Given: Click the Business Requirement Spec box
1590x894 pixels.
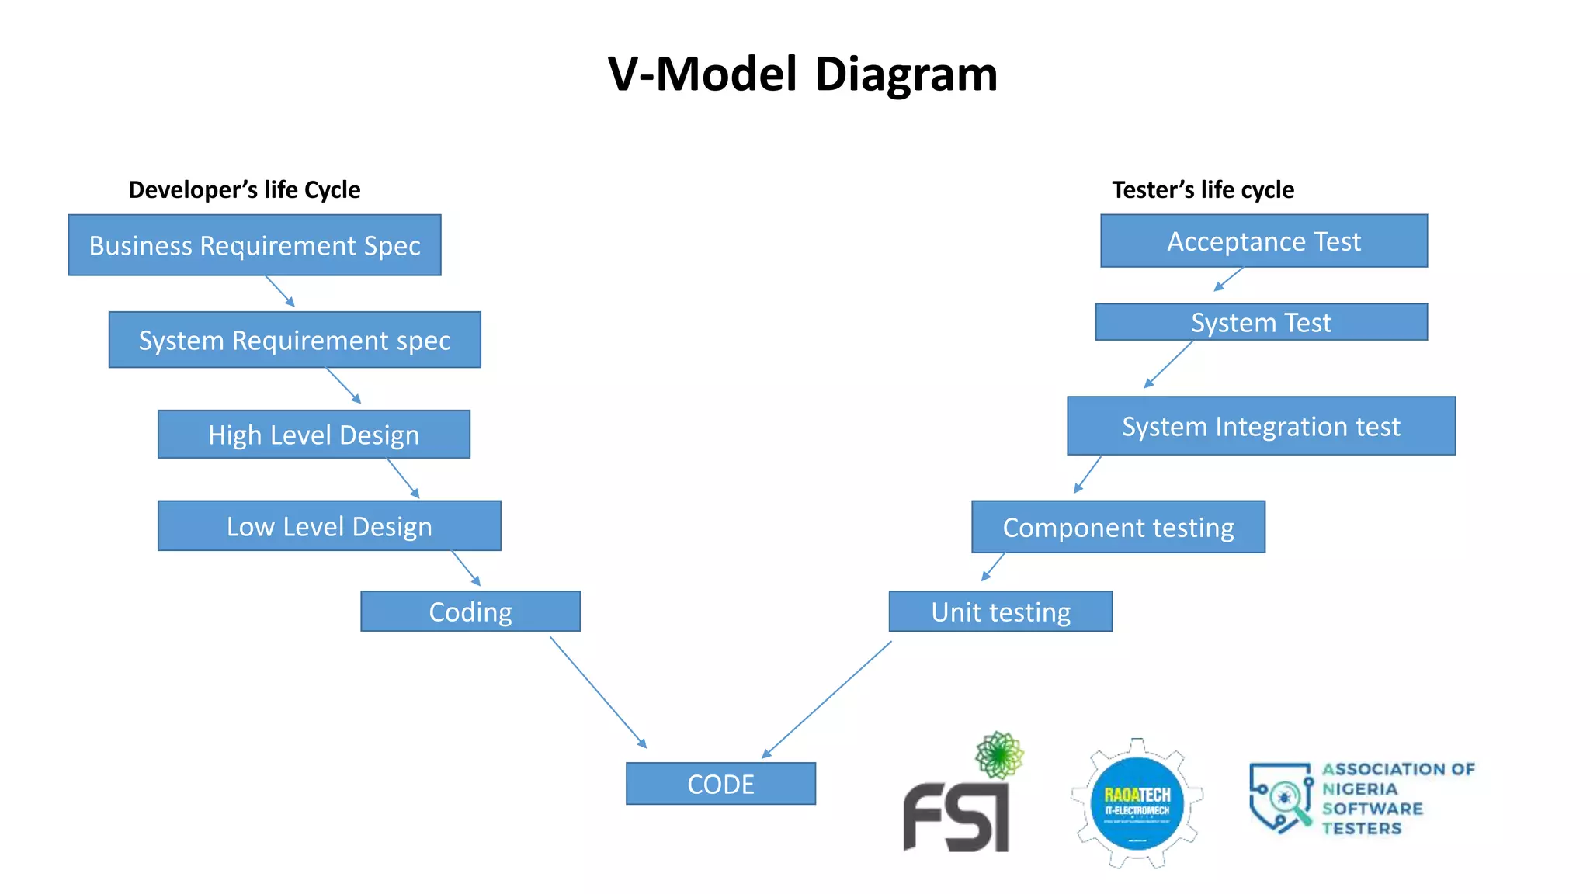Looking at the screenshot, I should [x=255, y=245].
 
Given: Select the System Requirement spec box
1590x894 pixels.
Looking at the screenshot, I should [x=295, y=340].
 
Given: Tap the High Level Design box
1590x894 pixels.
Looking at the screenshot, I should [x=314, y=435].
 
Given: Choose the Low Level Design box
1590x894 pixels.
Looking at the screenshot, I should [x=329, y=526].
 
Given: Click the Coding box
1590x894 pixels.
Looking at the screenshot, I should [x=470, y=612].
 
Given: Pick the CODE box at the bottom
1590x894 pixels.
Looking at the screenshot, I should [x=720, y=784].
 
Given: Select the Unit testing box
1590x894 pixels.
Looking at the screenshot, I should [x=1001, y=612].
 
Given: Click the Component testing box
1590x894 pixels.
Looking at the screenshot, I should [x=1118, y=527].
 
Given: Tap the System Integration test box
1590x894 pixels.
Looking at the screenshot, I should [x=1261, y=426].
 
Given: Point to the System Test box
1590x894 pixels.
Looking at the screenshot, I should [x=1261, y=322].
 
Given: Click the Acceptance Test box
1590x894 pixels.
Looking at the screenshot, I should [x=1264, y=241].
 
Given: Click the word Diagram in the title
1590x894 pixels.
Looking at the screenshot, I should [x=905, y=74].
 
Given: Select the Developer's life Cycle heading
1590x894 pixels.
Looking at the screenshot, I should [x=244, y=190].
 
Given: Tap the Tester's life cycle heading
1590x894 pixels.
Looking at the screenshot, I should [x=1203, y=190].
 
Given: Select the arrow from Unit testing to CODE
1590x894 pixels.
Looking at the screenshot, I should [x=827, y=699].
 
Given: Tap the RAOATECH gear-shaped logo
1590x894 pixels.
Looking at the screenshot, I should [x=1137, y=804].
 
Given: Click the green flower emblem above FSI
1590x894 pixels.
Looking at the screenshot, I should [x=999, y=754].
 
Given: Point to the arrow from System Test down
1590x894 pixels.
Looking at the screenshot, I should [x=1169, y=364].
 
